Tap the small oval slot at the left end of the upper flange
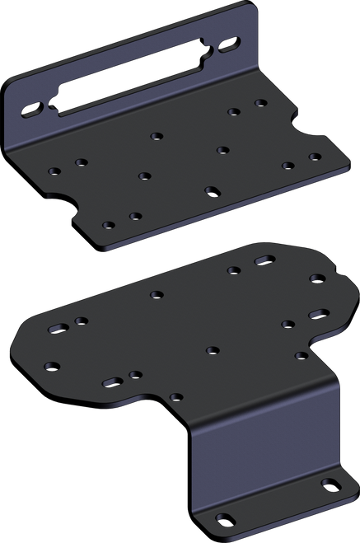click(x=30, y=108)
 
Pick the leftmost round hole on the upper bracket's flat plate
click(x=54, y=171)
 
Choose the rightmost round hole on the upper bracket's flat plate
click(x=314, y=156)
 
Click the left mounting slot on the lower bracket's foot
click(x=223, y=519)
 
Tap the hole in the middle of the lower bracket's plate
click(x=212, y=349)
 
